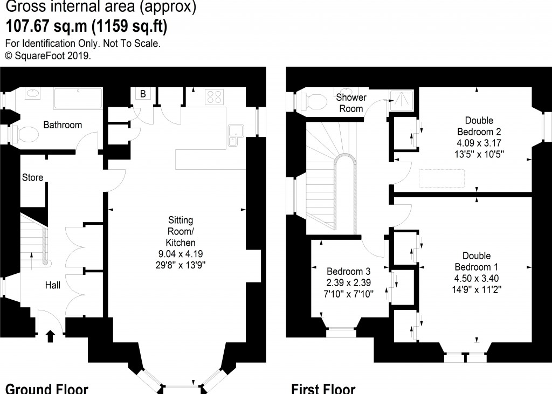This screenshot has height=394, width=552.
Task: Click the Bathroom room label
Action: [x=63, y=125]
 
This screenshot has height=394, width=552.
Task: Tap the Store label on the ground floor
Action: [x=32, y=177]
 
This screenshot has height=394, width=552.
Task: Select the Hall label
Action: [x=52, y=285]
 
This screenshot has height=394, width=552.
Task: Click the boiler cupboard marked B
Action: [x=143, y=94]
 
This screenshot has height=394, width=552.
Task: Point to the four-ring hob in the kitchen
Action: [x=215, y=96]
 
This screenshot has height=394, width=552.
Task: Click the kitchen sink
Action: [x=236, y=135]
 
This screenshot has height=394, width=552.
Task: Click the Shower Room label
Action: [x=351, y=103]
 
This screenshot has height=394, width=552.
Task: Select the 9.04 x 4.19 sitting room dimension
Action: [x=181, y=253]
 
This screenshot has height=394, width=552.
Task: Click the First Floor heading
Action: [x=323, y=388]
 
